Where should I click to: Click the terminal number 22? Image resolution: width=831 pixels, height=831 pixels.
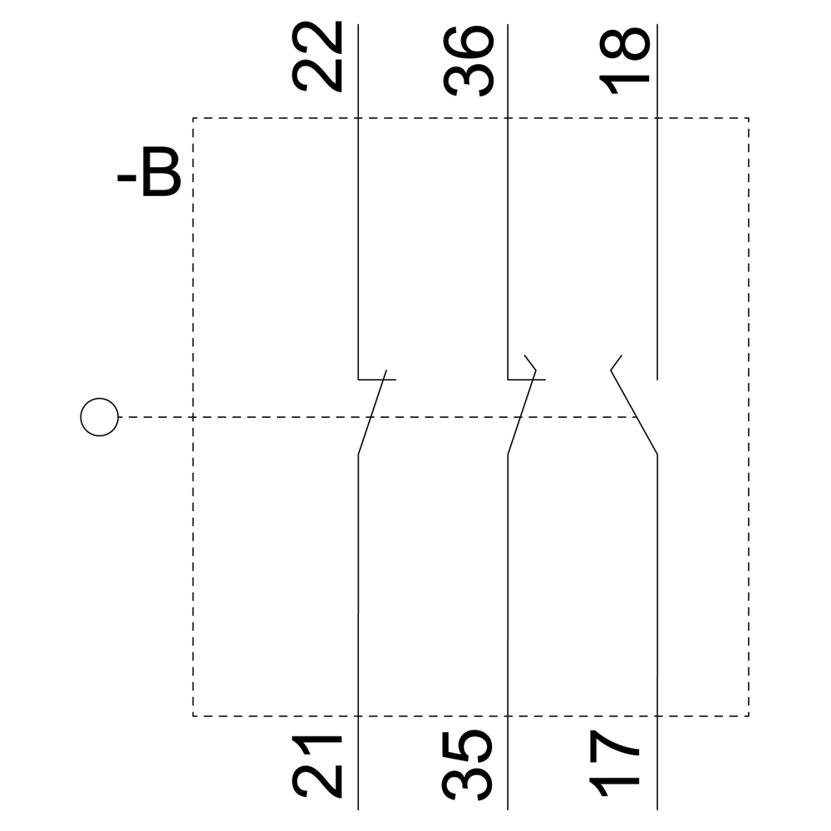click(317, 57)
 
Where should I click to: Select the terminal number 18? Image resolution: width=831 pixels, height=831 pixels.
click(624, 61)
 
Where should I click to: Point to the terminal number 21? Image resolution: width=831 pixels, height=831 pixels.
click(317, 766)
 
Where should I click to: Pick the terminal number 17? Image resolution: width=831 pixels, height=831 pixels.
click(614, 764)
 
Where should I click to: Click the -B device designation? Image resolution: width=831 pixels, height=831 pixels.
click(149, 174)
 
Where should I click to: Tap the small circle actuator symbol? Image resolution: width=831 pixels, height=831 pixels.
click(99, 417)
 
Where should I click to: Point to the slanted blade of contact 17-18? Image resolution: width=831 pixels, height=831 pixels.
click(634, 412)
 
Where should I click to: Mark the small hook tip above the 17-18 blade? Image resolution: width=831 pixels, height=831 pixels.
click(616, 362)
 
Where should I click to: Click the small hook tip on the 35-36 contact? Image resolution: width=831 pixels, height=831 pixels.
click(530, 362)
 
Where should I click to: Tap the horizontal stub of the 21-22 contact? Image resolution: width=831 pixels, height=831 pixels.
click(376, 380)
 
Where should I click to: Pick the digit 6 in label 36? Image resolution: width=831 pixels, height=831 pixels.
click(470, 42)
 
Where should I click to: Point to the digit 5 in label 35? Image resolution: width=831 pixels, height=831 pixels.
click(468, 746)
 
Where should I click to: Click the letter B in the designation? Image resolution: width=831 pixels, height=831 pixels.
click(161, 174)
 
